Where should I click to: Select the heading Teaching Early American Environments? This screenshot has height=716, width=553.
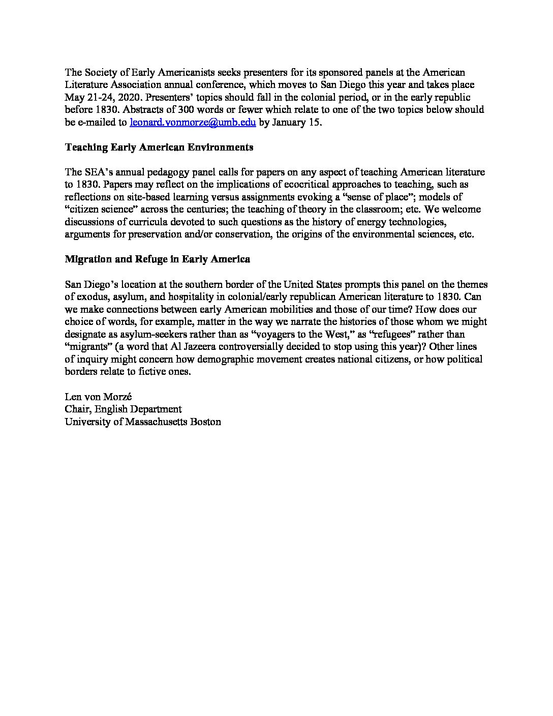coord(159,147)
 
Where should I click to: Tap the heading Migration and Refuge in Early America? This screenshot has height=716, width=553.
coord(158,259)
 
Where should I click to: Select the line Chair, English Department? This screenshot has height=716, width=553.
coord(123,409)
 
